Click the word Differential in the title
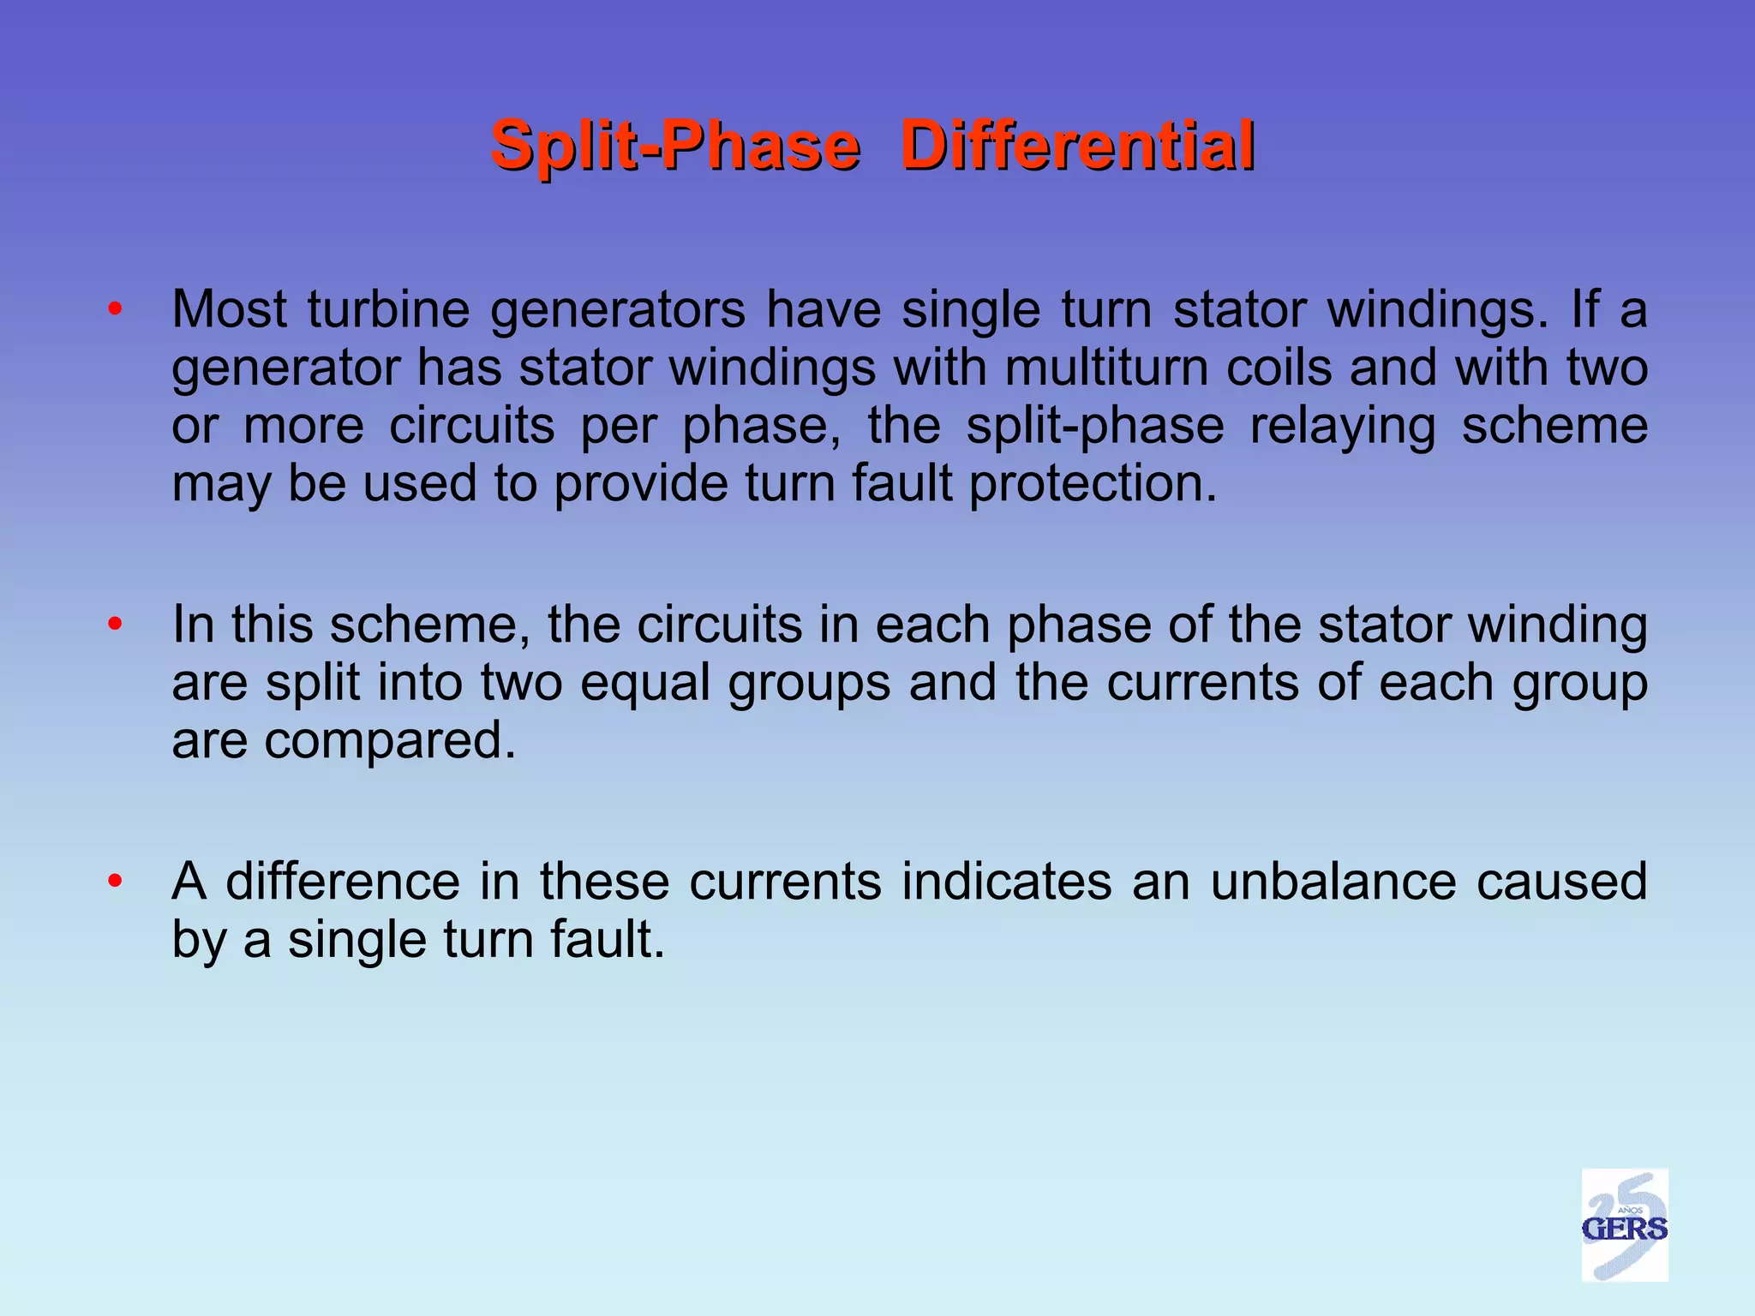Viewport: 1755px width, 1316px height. [x=1078, y=146]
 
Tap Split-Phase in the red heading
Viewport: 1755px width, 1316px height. [x=674, y=146]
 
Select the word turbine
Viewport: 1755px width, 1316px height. [x=388, y=309]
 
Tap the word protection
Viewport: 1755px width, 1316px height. [x=1093, y=484]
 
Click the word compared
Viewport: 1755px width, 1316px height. [x=390, y=741]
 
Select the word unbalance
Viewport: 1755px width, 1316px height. [x=1333, y=882]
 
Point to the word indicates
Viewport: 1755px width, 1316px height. [x=1007, y=882]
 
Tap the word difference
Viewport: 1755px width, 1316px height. [x=343, y=882]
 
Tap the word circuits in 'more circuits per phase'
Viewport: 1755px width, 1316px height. [x=472, y=426]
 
